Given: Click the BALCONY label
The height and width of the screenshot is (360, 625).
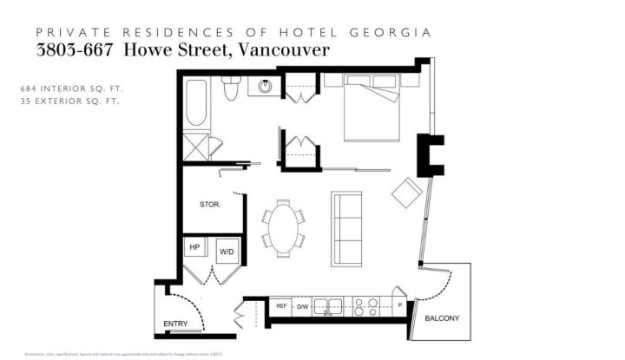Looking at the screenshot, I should tap(442, 318).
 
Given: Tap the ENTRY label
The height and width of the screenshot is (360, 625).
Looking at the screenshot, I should tap(175, 324).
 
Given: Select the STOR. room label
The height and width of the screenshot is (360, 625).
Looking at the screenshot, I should tap(210, 205).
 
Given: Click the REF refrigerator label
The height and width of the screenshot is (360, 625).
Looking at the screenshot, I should tap(281, 306).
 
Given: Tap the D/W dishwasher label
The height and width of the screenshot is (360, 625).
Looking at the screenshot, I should tap(303, 306).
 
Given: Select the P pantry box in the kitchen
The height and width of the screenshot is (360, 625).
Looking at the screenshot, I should tap(399, 306).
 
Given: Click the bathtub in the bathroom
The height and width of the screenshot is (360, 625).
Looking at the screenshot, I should tap(197, 104).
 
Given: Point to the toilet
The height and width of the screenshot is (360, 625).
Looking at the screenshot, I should tap(231, 88).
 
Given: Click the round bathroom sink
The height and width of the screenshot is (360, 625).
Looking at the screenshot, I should tap(264, 87).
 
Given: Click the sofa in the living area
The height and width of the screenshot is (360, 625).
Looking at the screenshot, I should tap(347, 228).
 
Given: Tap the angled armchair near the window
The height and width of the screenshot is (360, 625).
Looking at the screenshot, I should tap(406, 193).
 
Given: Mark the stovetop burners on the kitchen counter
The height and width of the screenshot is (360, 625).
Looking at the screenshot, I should tap(366, 305).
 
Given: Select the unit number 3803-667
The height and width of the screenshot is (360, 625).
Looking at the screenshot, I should tap(76, 49).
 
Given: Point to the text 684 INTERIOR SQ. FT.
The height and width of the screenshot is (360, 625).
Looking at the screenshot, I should tap(69, 88).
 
